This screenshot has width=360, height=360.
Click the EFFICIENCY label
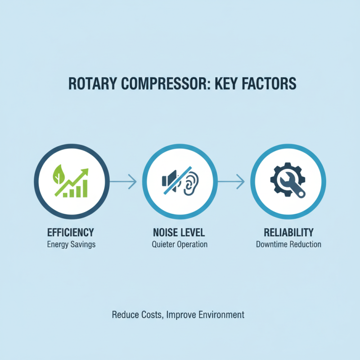[71, 233]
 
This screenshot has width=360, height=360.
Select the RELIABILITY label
[288, 233]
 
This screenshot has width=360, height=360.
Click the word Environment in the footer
[221, 315]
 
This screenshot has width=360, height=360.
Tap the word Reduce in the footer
[125, 315]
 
